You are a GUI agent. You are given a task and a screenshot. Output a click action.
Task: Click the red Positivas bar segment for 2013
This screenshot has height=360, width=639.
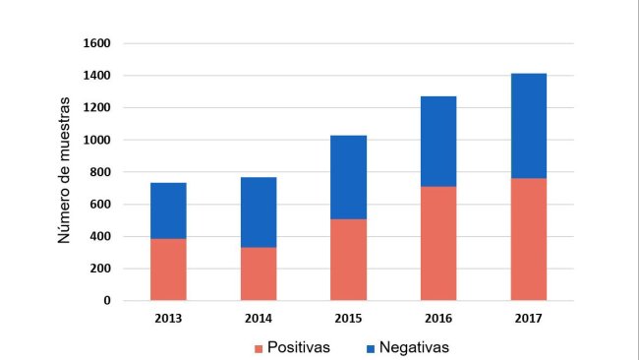168,270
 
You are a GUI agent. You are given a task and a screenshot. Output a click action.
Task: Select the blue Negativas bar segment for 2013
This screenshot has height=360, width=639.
168,210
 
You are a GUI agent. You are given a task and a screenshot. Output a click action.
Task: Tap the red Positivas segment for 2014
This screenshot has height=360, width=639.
259,273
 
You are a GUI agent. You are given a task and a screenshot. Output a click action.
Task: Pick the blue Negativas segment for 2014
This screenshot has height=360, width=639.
259,212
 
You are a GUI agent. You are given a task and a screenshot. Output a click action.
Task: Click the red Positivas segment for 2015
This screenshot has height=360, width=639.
348,260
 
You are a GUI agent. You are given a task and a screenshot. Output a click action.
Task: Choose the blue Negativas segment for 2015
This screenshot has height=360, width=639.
348,177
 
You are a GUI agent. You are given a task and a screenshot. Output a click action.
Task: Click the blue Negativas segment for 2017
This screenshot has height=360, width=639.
529,126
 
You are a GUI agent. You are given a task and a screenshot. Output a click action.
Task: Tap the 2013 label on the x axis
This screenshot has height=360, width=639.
168,319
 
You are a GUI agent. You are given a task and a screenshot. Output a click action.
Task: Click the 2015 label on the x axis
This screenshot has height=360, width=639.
348,319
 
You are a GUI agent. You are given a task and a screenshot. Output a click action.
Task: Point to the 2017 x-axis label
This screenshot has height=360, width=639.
529,319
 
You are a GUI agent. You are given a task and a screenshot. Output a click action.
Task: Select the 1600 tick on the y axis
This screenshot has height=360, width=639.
96,43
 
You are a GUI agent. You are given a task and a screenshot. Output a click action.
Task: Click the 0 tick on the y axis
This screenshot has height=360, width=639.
107,300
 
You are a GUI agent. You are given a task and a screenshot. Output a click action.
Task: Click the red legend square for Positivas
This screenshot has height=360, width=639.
260,348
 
